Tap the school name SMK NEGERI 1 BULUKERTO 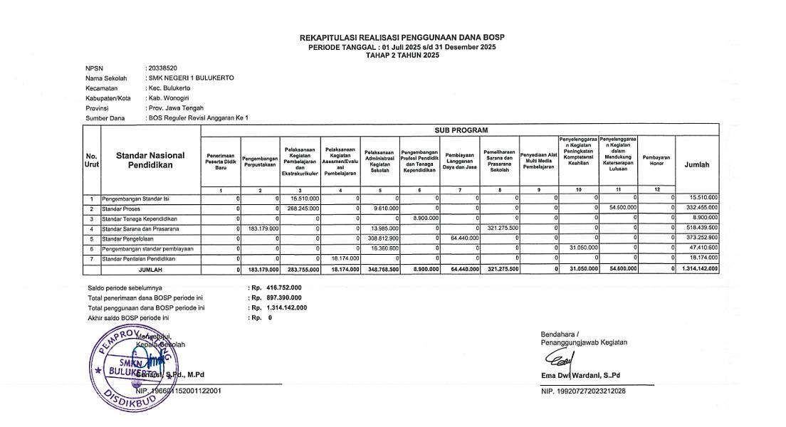click(x=190, y=78)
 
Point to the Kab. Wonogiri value click(x=169, y=97)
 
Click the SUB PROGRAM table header click(x=461, y=130)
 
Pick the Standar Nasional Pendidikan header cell click(x=150, y=160)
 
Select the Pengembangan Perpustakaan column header click(x=260, y=162)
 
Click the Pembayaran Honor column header click(x=656, y=160)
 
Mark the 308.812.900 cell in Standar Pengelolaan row click(x=381, y=238)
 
